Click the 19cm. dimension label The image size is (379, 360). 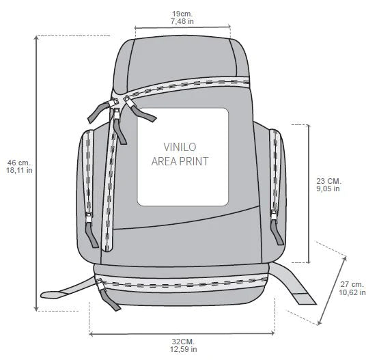pyautogui.click(x=182, y=14)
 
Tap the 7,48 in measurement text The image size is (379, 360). pyautogui.click(x=182, y=21)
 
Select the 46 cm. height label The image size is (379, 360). pyautogui.click(x=19, y=163)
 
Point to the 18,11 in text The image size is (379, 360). pyautogui.click(x=19, y=170)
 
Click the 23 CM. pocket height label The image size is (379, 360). pyautogui.click(x=328, y=181)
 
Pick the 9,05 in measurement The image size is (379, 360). pyautogui.click(x=328, y=189)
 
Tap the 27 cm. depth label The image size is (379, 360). pyautogui.click(x=352, y=284)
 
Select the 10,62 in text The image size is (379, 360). pyautogui.click(x=352, y=292)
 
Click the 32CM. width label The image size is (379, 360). pyautogui.click(x=183, y=342)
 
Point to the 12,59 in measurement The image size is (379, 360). pyautogui.click(x=184, y=349)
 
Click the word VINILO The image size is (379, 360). pyautogui.click(x=180, y=147)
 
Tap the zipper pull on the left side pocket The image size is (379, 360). pyautogui.click(x=91, y=230)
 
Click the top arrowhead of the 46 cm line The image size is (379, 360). pyautogui.click(x=36, y=38)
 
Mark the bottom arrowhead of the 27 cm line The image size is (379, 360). pyautogui.click(x=320, y=322)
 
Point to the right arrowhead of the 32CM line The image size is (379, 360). pyautogui.click(x=273, y=333)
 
